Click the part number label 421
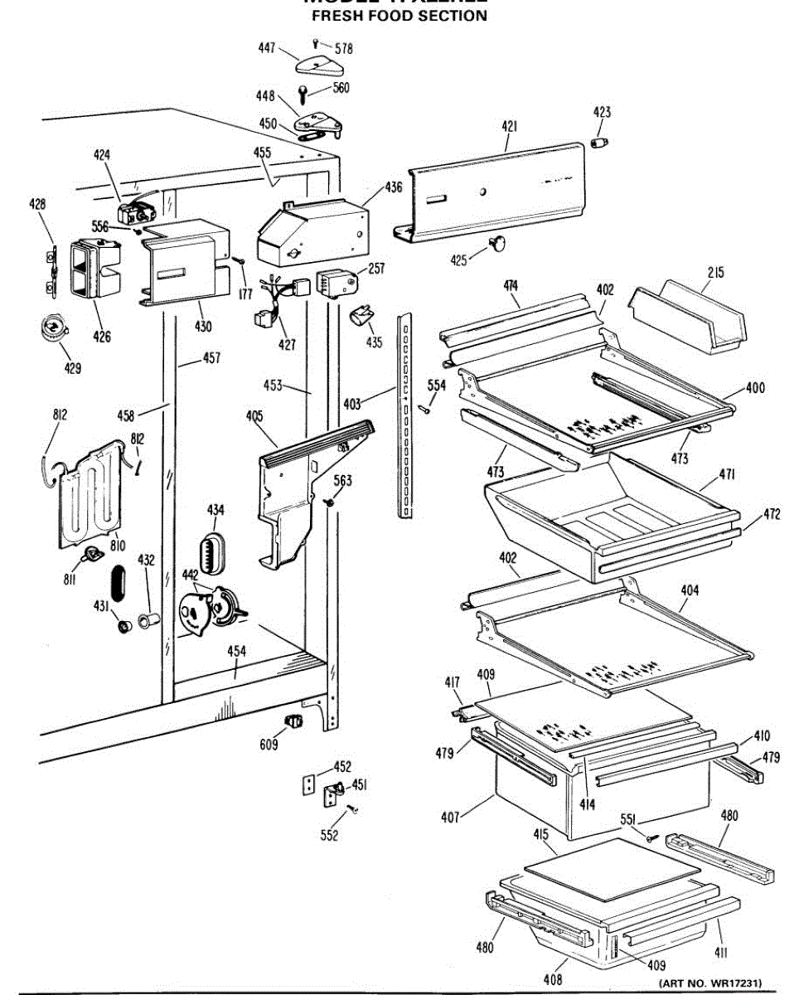509,126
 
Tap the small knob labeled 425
499,241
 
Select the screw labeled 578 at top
317,42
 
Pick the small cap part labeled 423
599,143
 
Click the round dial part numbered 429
54,328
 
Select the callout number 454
236,652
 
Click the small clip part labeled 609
292,720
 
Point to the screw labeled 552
353,808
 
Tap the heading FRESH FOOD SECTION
399,16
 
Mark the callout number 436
393,187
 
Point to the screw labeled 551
651,838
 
